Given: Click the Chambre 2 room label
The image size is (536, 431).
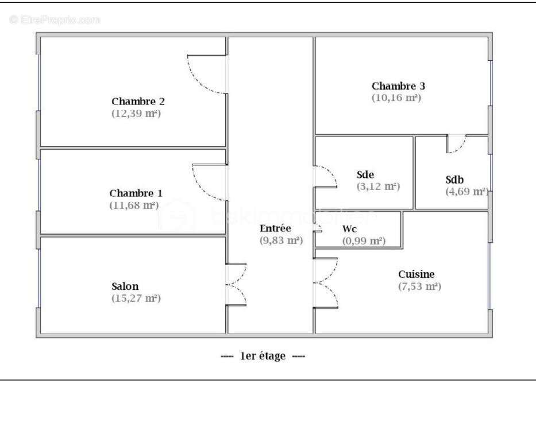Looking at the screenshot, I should click(x=138, y=102).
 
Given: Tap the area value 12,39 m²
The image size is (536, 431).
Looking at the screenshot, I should click(x=136, y=114).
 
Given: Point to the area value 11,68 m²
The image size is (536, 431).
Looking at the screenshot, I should click(x=134, y=205).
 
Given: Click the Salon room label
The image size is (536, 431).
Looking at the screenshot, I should click(x=125, y=286).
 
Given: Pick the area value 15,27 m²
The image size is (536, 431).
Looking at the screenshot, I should click(x=136, y=298).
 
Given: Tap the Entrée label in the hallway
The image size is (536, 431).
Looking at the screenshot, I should click(x=275, y=228).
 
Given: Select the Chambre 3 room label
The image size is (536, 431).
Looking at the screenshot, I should click(x=398, y=86).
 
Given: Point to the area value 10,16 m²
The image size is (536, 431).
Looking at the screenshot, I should click(x=396, y=98).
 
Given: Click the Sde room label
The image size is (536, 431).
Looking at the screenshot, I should click(x=365, y=174).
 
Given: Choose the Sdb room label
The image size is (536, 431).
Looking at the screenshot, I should click(x=455, y=178).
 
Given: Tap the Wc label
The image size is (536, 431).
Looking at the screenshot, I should click(x=350, y=228).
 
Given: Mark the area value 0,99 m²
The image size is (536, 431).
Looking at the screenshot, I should click(x=364, y=241).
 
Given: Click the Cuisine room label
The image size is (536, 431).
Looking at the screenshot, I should click(x=417, y=274).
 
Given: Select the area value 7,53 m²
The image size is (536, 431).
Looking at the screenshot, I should click(x=419, y=286).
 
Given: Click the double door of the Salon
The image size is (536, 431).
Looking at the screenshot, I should click(x=236, y=285).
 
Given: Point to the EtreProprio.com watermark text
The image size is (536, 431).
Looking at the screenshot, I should click(x=55, y=20).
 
